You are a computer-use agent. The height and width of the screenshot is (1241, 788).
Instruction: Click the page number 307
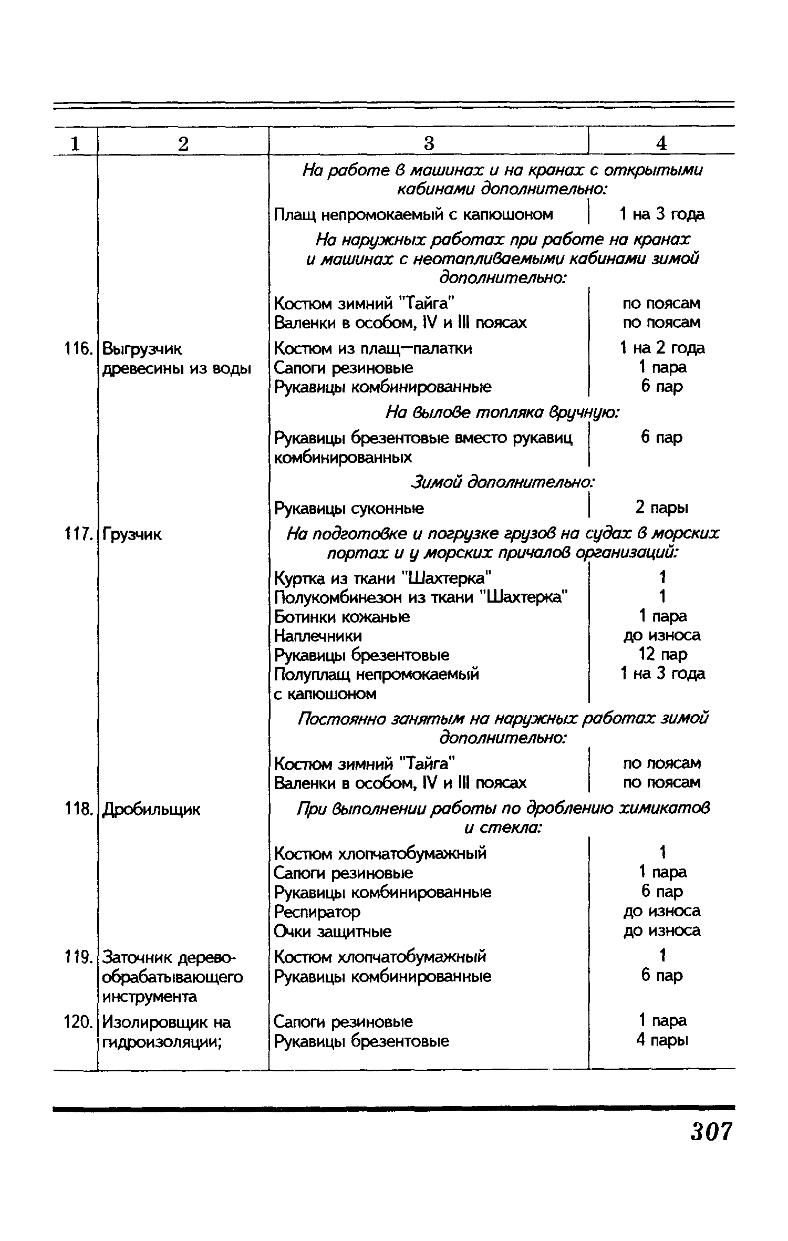[x=711, y=1131]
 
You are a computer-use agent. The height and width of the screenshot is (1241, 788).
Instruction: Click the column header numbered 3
[x=429, y=143]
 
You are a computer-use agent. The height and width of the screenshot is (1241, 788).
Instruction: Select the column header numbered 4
[x=661, y=143]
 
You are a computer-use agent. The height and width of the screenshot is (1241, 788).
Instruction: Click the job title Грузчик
[x=132, y=535]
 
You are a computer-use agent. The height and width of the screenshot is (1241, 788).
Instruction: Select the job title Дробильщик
[x=151, y=810]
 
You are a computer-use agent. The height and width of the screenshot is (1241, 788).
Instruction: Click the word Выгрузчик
[x=142, y=348]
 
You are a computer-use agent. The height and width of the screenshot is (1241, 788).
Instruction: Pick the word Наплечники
[x=318, y=636]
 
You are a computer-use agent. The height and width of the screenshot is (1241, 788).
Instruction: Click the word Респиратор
[x=317, y=911]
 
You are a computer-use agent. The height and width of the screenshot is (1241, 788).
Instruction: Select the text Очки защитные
[x=333, y=931]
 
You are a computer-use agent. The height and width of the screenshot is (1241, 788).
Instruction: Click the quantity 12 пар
[x=662, y=655]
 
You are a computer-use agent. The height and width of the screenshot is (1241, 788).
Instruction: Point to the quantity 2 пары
[x=662, y=508]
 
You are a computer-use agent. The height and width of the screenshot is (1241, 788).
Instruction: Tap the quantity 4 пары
[x=662, y=1040]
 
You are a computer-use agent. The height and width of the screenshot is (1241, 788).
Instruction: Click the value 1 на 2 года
[x=662, y=348]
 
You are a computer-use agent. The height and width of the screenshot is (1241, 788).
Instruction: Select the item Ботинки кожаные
[x=342, y=616]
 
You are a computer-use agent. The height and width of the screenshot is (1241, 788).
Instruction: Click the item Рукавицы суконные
[x=349, y=508]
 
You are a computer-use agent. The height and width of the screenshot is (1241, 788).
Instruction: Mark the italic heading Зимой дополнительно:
[x=503, y=482]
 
